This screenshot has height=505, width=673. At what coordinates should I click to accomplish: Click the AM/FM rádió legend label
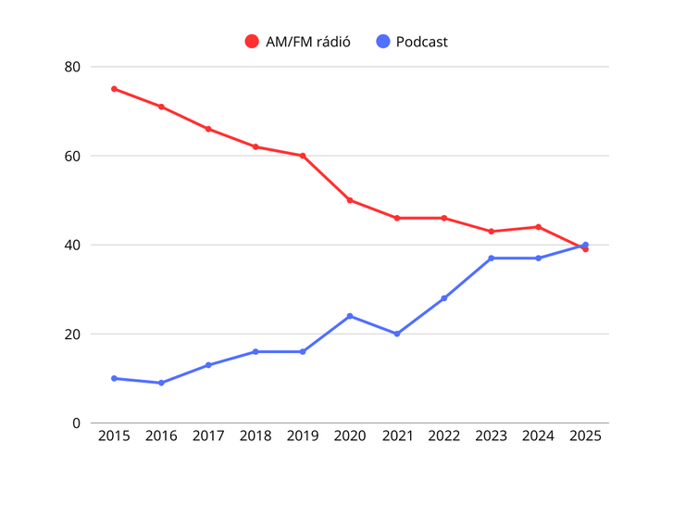307,42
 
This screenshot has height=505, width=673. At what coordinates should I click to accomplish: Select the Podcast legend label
421,42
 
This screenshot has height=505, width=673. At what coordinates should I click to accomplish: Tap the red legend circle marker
252,42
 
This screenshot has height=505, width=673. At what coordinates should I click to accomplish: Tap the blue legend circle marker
383,42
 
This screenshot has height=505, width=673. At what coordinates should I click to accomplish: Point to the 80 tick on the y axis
72,67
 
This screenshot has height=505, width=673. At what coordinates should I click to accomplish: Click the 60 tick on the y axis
72,156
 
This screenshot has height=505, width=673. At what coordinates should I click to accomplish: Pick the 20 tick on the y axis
72,334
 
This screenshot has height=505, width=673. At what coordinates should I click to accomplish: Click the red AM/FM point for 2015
114,89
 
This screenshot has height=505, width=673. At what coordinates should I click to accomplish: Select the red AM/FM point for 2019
303,156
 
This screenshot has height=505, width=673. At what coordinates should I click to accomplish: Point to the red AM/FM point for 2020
350,200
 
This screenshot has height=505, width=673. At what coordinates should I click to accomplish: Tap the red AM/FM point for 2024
538,227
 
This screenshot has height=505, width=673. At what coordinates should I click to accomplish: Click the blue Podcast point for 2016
161,383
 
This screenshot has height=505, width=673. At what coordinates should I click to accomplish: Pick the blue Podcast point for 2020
350,316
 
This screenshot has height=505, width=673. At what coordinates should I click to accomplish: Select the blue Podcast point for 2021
397,334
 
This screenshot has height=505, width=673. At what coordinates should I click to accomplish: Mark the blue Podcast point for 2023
491,258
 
